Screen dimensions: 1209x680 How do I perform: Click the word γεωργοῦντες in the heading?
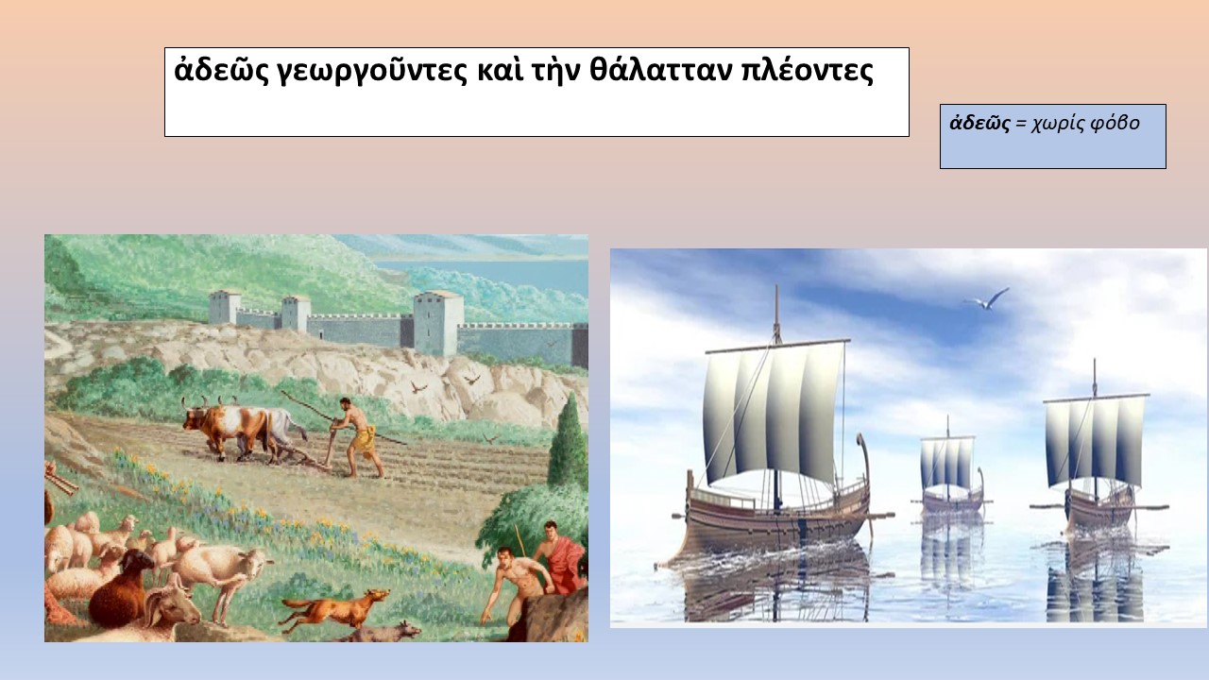(372, 72)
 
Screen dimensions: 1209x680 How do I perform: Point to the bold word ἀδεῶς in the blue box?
(979, 124)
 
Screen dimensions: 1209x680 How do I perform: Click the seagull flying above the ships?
(987, 299)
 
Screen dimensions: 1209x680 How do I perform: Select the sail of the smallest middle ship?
(947, 463)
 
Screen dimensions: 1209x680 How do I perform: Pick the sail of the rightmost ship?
(1095, 441)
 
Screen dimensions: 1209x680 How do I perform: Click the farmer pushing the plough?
(356, 437)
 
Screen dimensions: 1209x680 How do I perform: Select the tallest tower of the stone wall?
(438, 323)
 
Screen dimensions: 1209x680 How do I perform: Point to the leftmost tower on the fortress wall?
(225, 307)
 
